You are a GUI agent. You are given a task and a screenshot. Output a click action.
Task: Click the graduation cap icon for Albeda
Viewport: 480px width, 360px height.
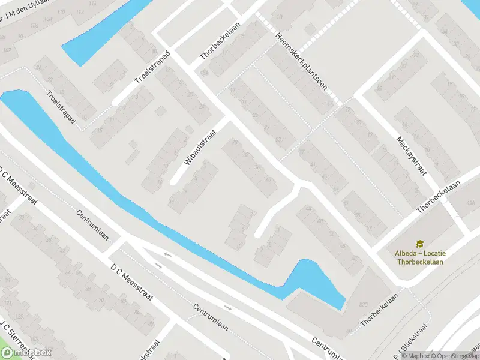420,243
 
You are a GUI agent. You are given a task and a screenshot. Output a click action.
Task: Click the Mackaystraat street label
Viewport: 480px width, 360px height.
411,155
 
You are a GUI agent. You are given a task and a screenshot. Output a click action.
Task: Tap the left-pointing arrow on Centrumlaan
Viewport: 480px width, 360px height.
166,254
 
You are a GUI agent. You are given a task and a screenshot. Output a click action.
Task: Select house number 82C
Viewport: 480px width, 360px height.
364,305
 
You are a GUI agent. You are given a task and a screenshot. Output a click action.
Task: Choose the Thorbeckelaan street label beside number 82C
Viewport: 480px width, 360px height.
379,310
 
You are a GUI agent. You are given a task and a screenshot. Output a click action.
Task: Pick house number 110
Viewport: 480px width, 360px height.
61,12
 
